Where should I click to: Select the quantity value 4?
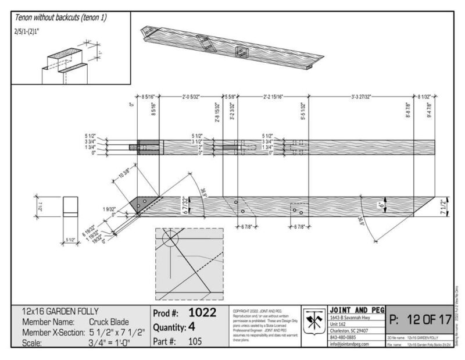point(192,327)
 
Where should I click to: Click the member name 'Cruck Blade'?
point(109,321)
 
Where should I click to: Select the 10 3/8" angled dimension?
point(124,175)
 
